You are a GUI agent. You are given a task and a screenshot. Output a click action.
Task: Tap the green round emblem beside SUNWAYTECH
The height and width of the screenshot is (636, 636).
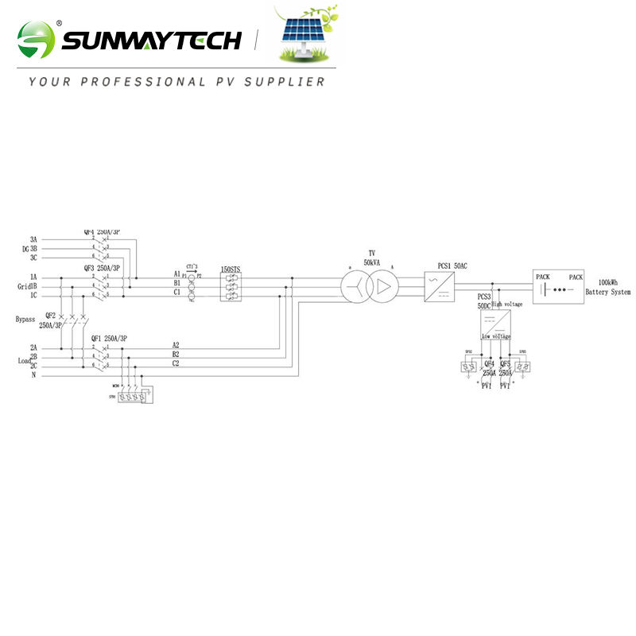point(37,40)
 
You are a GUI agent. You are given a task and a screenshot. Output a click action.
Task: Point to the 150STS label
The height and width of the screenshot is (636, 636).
point(230,271)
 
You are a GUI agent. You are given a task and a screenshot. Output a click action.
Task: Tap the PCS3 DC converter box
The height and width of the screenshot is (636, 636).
point(494,324)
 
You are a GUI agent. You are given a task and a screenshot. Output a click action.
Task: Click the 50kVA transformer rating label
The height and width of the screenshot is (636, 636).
point(370,262)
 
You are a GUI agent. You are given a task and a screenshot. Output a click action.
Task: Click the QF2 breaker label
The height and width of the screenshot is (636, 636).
point(50,315)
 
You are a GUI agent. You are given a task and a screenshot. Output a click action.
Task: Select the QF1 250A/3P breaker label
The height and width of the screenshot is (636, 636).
point(109,339)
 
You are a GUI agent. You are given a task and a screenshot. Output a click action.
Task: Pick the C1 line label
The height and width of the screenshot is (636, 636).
point(176,293)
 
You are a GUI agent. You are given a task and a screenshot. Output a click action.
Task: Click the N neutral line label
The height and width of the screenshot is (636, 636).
point(33,375)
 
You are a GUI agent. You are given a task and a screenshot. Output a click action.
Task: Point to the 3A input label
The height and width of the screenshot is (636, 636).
point(33,238)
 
